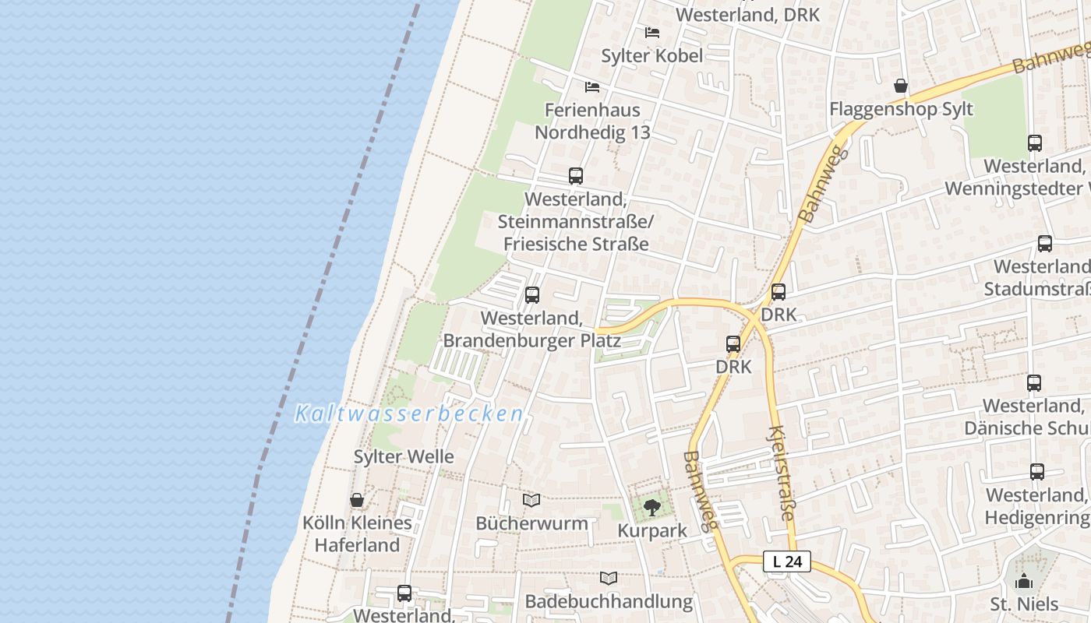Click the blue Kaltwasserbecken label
click(408, 414)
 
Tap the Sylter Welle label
click(404, 456)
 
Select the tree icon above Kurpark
click(652, 509)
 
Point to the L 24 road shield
click(787, 561)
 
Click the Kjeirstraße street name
click(782, 473)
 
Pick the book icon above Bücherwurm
click(531, 500)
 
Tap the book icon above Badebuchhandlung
click(609, 579)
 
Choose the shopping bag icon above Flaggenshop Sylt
click(901, 86)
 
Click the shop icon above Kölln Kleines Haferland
click(357, 500)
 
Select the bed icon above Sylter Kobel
click(652, 33)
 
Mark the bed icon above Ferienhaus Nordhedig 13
click(592, 86)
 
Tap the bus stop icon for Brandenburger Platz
click(532, 295)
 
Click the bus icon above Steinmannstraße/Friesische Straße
click(576, 176)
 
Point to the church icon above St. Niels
click(1024, 581)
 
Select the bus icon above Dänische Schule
click(1034, 383)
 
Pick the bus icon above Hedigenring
click(1036, 472)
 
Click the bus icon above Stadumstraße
click(1045, 244)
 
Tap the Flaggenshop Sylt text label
click(902, 109)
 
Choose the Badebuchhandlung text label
click(609, 601)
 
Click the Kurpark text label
click(652, 531)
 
